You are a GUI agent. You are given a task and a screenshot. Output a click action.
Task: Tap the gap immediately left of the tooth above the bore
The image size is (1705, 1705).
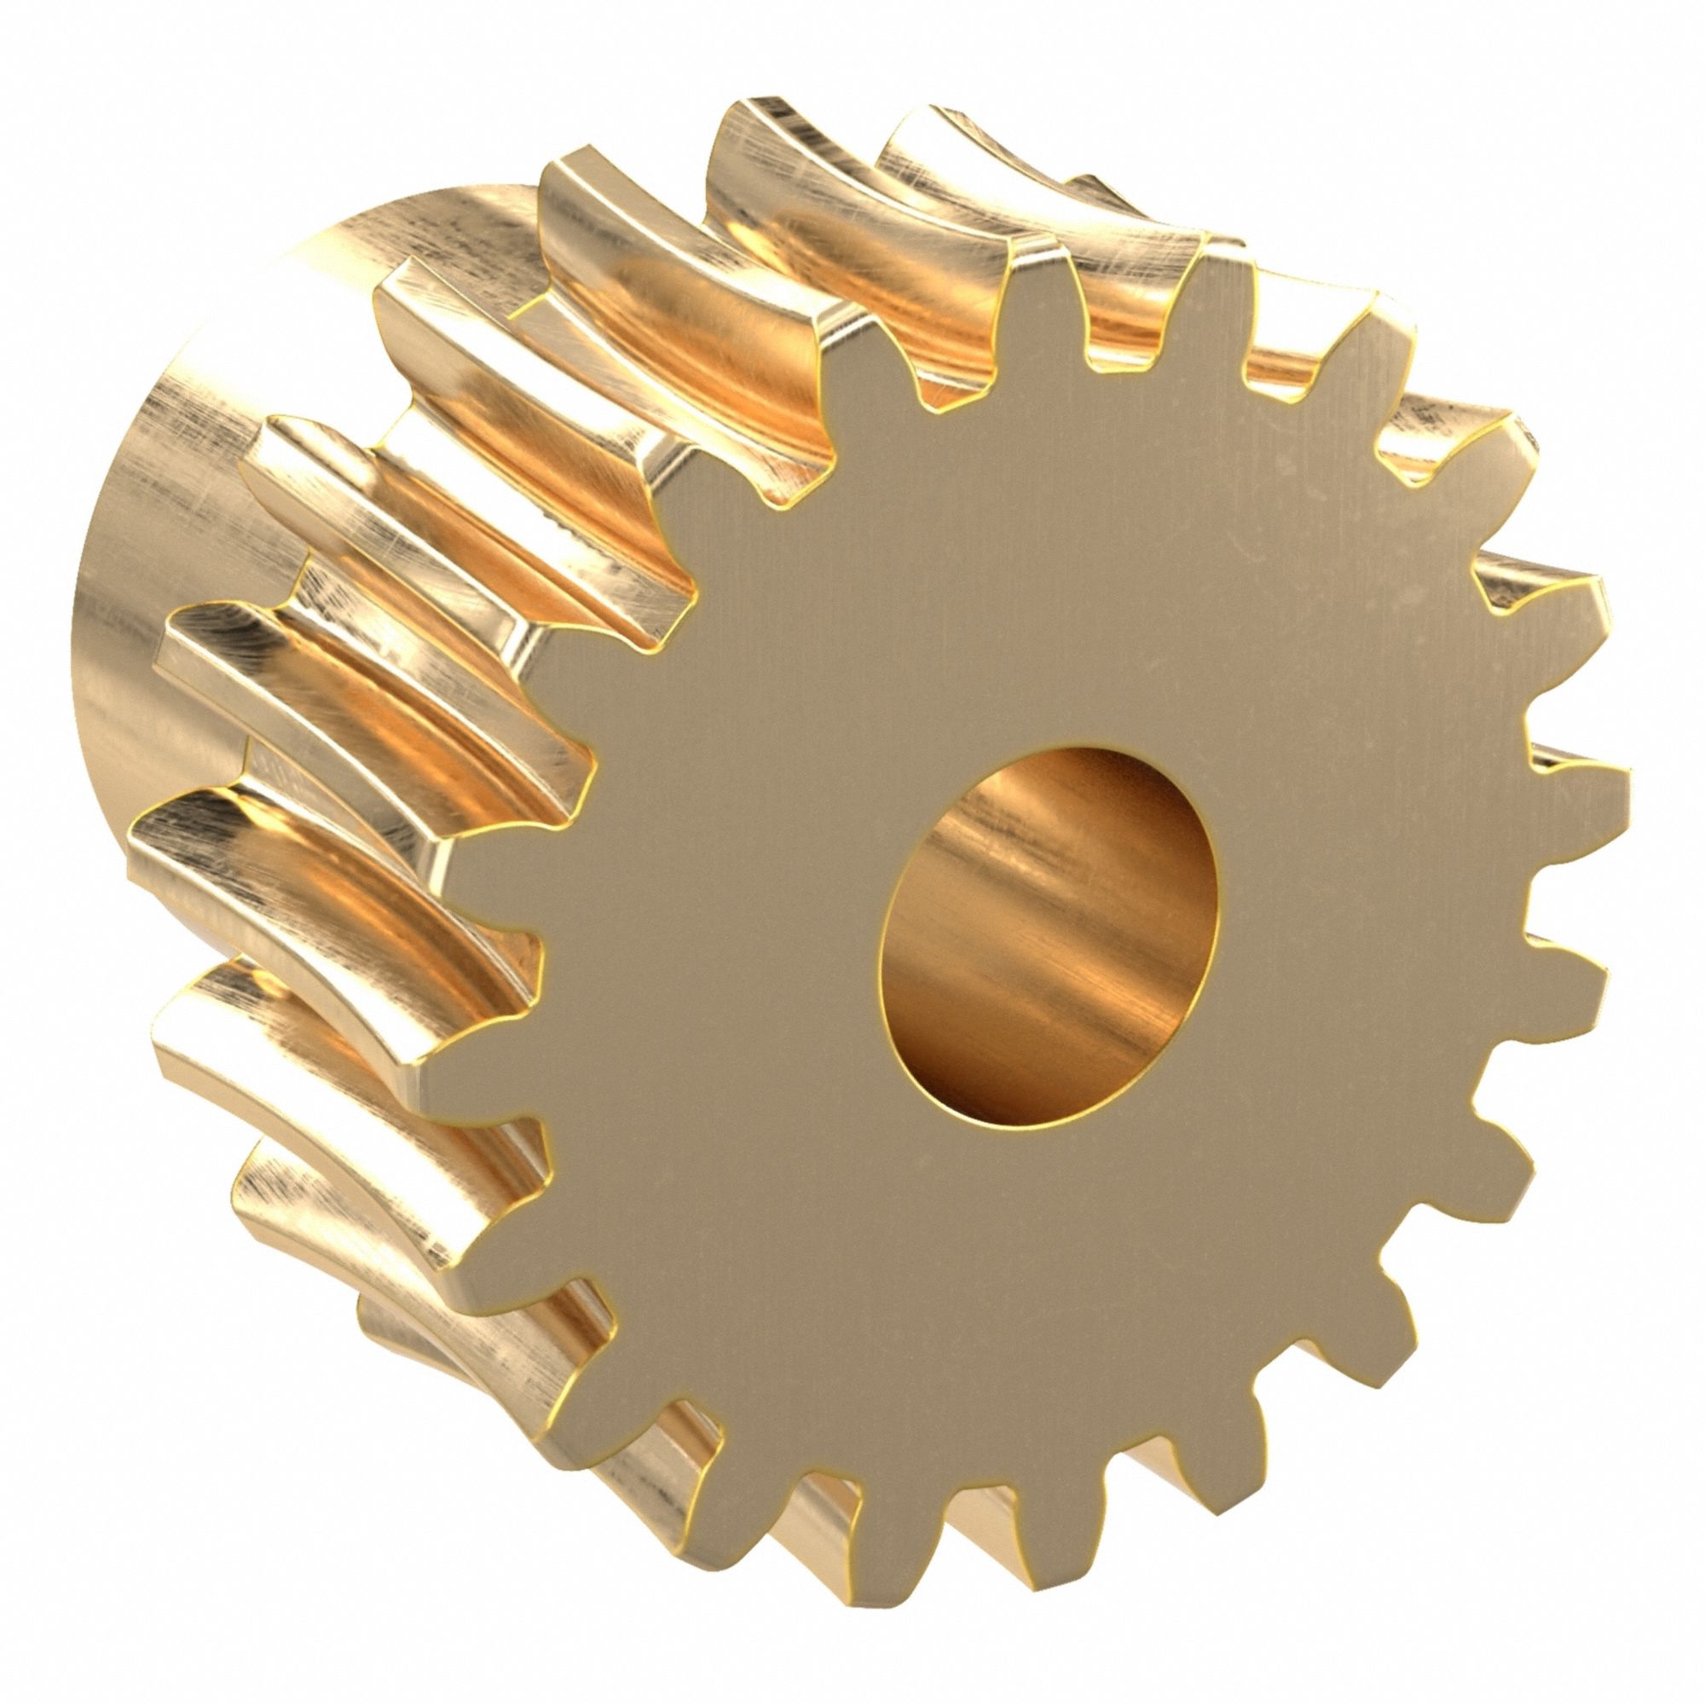coord(949,388)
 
